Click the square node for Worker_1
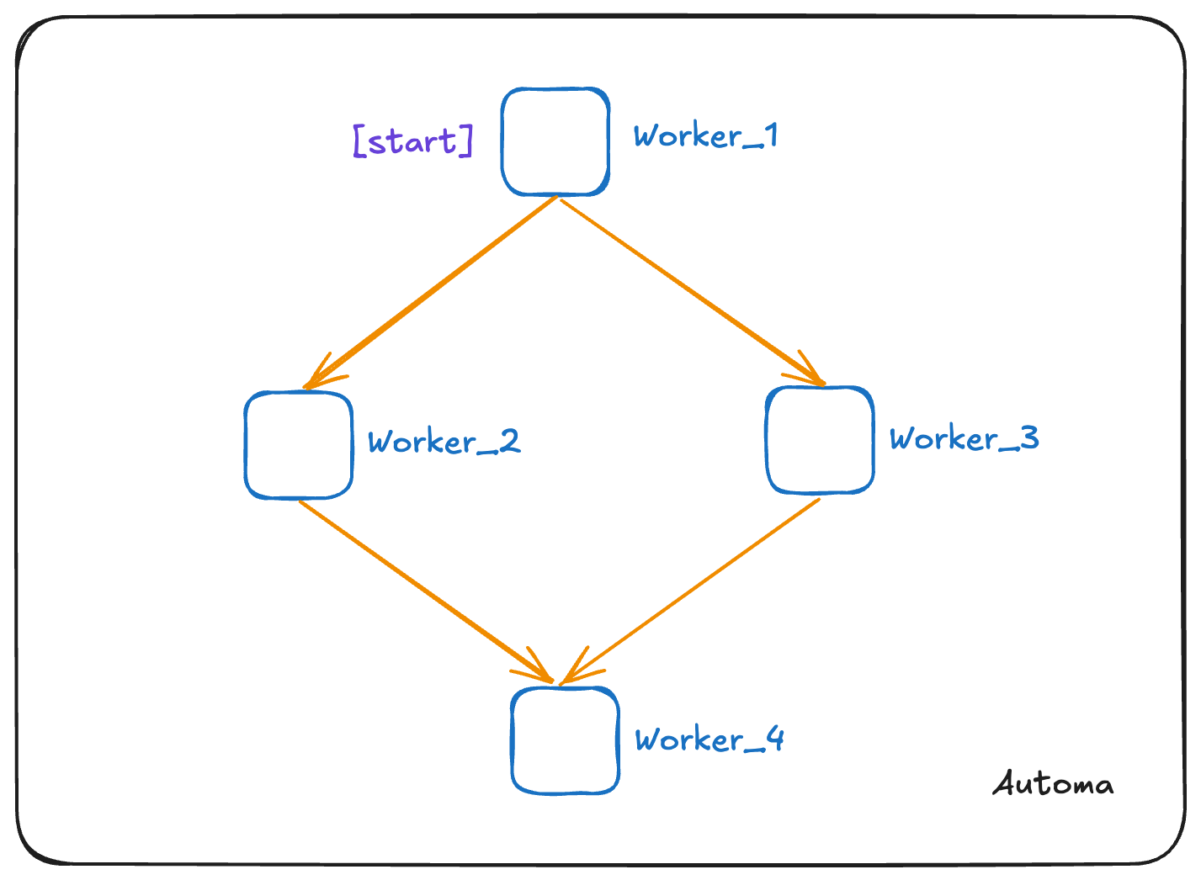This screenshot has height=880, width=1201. (555, 141)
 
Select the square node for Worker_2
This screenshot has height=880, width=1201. (298, 445)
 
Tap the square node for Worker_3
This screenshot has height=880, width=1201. (820, 440)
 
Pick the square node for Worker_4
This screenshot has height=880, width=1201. (566, 740)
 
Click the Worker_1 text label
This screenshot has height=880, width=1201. (705, 135)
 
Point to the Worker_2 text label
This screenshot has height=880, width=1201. (444, 442)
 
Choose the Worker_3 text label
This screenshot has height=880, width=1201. (964, 438)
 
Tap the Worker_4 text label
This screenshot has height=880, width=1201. (709, 740)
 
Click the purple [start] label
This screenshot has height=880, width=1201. (413, 140)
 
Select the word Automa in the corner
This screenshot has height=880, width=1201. (1053, 784)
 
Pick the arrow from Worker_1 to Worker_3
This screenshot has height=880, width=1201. (690, 291)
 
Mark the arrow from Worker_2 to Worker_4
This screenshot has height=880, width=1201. (425, 590)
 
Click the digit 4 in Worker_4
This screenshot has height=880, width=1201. (774, 739)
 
